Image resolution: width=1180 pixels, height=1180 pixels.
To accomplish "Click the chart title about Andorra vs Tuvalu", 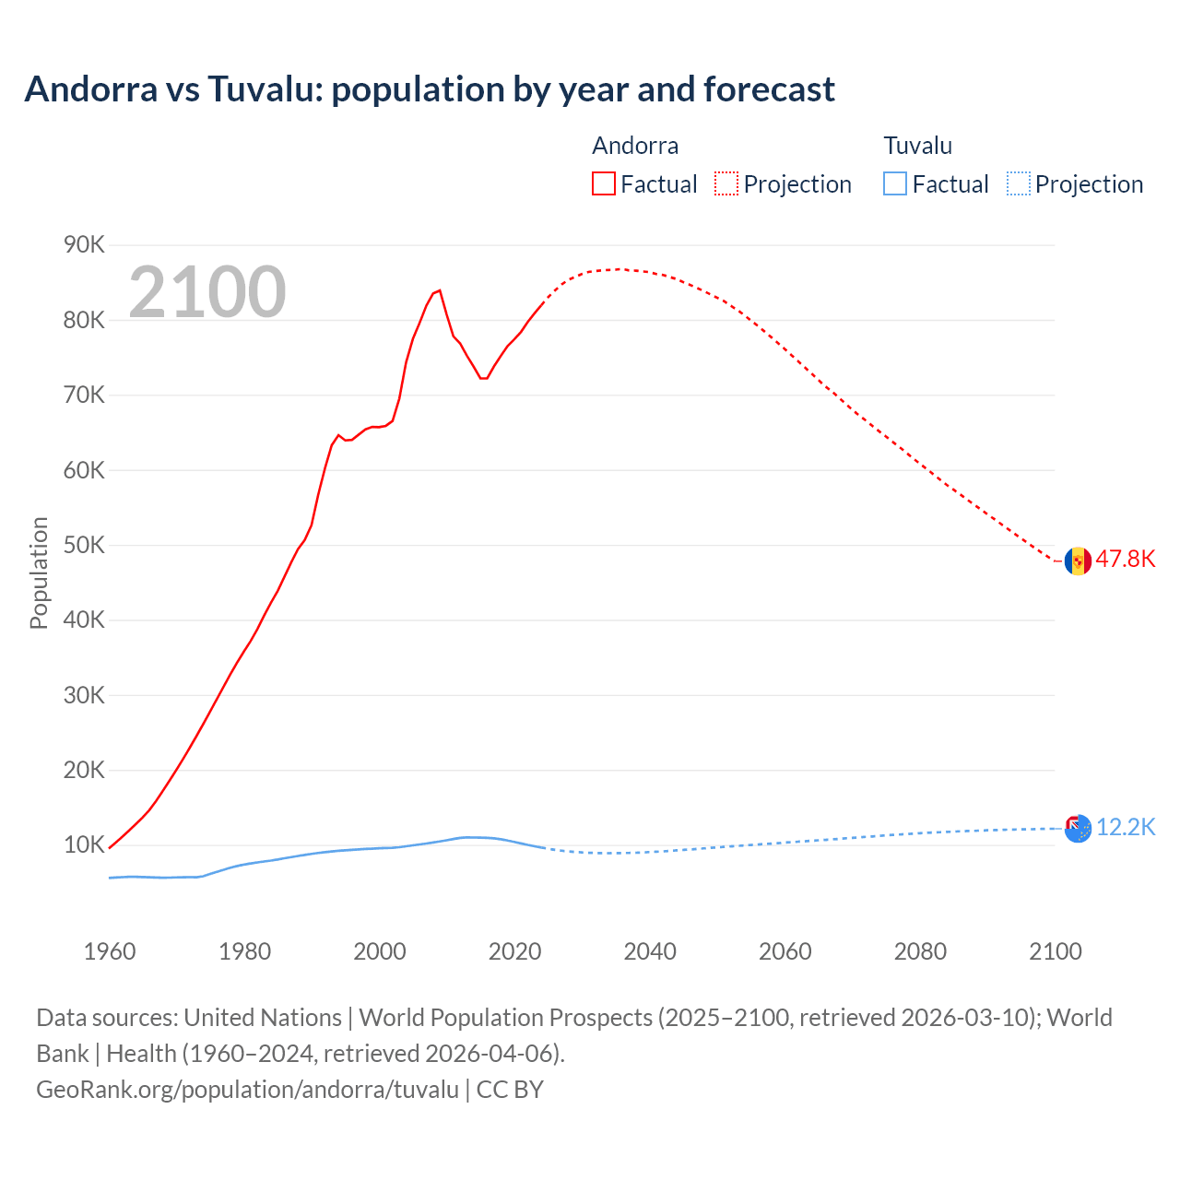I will point(430,89).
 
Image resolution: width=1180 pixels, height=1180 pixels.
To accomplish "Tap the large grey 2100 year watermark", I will point(207,292).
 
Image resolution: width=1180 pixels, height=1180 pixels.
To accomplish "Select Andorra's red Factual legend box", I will point(603,183).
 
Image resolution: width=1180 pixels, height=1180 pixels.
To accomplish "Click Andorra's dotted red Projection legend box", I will point(726,183).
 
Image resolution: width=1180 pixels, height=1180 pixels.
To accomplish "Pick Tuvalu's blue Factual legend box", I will point(894,183).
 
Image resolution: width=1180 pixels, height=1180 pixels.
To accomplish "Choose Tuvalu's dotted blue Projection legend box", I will point(1018,183).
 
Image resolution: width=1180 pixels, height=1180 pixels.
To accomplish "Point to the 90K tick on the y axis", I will point(84,244).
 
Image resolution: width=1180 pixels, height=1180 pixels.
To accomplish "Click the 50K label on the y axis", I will point(84,545).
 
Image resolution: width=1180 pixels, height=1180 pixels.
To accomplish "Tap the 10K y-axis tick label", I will point(84,844).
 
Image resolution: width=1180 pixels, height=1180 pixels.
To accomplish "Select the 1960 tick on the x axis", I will point(110,951).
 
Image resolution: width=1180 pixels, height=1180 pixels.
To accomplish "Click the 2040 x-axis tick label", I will point(650,951).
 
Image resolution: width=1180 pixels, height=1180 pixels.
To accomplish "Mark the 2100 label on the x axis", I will point(1055,951).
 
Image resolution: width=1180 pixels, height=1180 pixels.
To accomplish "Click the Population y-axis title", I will point(39,572).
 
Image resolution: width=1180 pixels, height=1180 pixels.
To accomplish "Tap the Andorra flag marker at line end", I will point(1078,560).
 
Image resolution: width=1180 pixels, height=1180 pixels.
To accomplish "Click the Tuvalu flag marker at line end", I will point(1078,828).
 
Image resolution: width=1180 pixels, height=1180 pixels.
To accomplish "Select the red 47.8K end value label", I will point(1125,560).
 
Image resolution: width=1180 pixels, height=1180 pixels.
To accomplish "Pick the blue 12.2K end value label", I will point(1125,827).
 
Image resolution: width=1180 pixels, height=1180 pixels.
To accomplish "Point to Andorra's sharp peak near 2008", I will point(439,290).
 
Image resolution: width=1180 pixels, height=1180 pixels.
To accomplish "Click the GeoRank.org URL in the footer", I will point(247,1090).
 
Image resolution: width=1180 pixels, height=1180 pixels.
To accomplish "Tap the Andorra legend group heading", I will point(635,146).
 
